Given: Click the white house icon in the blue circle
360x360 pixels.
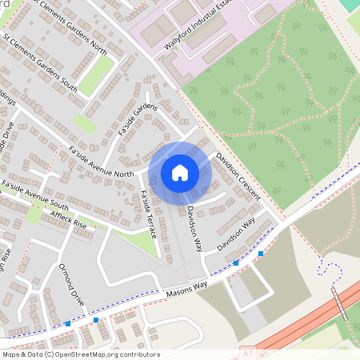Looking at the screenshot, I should (180, 172).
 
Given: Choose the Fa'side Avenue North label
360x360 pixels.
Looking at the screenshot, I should (101, 161).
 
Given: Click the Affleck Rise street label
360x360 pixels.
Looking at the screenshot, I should (68, 215).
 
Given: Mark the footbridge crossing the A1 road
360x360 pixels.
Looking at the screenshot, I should (340, 302).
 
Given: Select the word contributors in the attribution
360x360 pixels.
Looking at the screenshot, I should (140, 354).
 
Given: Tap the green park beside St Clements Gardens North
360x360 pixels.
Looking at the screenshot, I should (96, 74).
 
